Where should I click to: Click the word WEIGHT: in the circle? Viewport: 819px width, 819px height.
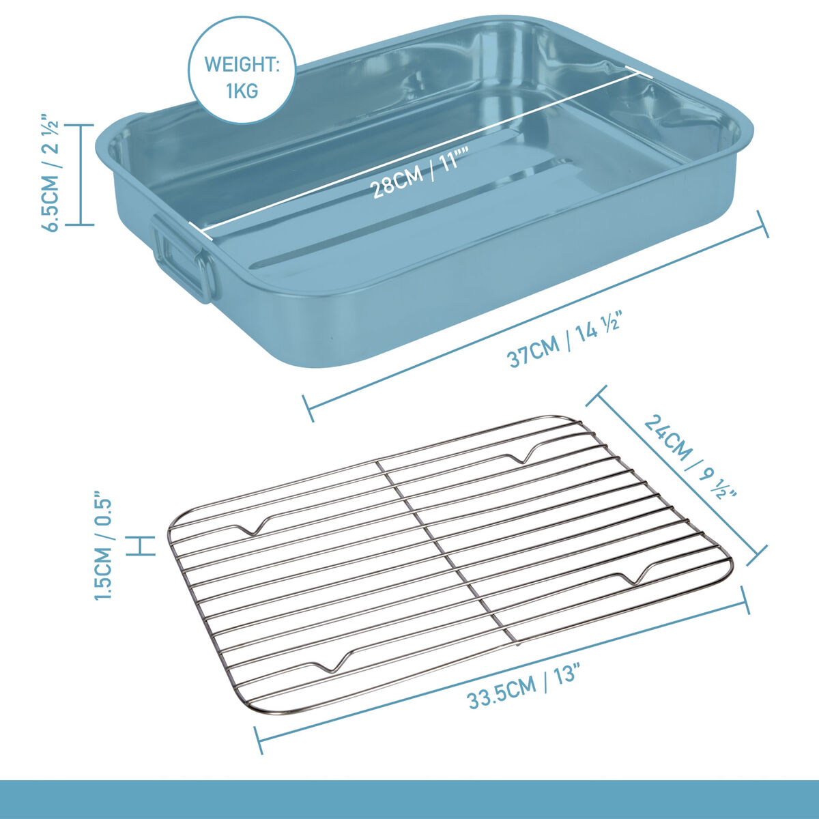242,65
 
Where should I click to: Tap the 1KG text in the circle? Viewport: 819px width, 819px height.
242,91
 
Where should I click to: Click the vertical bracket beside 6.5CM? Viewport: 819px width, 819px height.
80,175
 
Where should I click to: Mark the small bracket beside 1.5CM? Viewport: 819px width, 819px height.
141,546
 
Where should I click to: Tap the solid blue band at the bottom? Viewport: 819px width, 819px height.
409,799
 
